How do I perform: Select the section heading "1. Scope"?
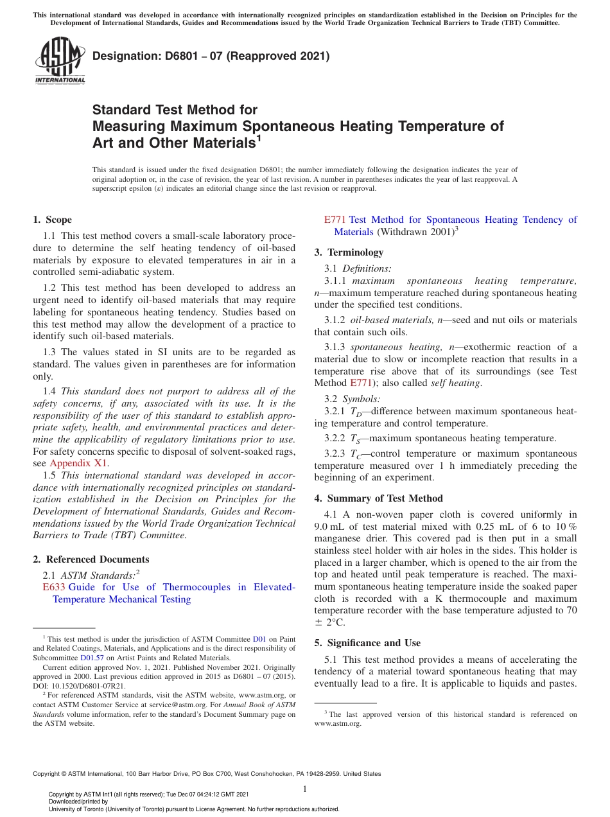53,220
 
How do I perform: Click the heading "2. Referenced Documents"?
91,559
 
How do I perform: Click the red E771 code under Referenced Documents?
335,220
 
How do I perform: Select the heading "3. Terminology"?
349,252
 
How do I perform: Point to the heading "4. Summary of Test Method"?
378,498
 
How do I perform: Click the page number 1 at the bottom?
305,789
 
